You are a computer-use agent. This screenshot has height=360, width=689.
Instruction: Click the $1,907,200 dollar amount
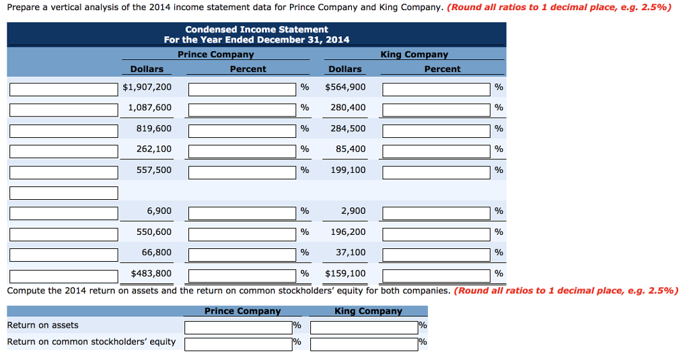pyautogui.click(x=147, y=87)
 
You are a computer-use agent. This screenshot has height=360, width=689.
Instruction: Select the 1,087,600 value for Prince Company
pyautogui.click(x=149, y=108)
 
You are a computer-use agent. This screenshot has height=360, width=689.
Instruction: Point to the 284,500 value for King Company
pyautogui.click(x=348, y=129)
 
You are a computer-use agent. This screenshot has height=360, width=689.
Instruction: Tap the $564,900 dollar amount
pyautogui.click(x=345, y=87)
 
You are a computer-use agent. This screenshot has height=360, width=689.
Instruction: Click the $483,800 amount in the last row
pyautogui.click(x=147, y=273)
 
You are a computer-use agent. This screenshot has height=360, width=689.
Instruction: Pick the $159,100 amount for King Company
pyautogui.click(x=345, y=273)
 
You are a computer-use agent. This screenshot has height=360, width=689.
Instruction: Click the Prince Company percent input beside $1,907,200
pyautogui.click(x=242, y=89)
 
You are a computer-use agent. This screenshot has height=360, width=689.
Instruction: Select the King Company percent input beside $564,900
pyautogui.click(x=437, y=89)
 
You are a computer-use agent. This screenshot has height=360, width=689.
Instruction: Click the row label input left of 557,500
pyautogui.click(x=64, y=172)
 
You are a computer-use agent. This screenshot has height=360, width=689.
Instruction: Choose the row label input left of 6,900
pyautogui.click(x=64, y=213)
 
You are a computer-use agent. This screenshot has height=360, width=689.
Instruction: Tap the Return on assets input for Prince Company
pyautogui.click(x=238, y=327)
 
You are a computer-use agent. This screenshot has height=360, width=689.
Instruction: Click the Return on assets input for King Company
pyautogui.click(x=364, y=327)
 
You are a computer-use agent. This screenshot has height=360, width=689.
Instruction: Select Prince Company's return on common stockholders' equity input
pyautogui.click(x=238, y=344)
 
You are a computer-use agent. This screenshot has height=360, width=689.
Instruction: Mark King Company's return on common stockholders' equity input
pyautogui.click(x=364, y=344)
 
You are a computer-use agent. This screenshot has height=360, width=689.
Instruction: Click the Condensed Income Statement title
pyautogui.click(x=256, y=30)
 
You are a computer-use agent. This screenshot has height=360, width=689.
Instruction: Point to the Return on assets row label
pyautogui.click(x=42, y=326)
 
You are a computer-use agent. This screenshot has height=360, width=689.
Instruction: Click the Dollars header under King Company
pyautogui.click(x=344, y=69)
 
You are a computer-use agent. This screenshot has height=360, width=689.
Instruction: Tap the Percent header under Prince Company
pyautogui.click(x=248, y=69)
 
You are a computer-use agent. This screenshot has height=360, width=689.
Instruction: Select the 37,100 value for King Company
pyautogui.click(x=351, y=252)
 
